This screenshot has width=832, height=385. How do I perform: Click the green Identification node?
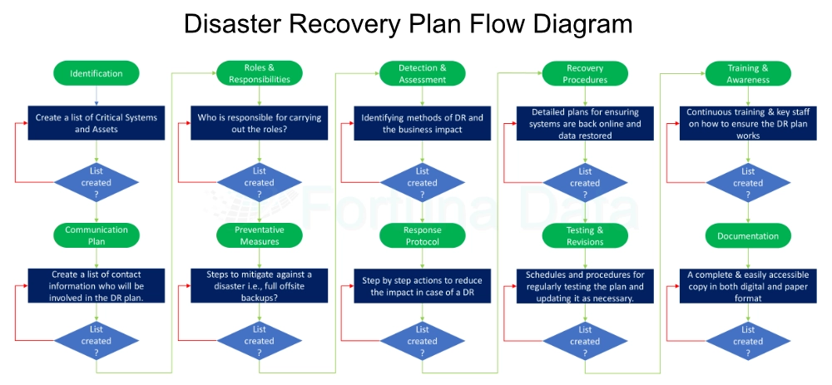(97, 73)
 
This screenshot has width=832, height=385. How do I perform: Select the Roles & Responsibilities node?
(260, 73)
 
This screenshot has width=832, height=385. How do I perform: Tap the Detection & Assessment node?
(423, 73)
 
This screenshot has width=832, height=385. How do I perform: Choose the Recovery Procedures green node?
(585, 73)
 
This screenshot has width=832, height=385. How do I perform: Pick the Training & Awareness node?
(748, 73)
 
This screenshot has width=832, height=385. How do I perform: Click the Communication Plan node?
(97, 235)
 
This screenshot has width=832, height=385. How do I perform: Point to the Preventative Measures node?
(260, 235)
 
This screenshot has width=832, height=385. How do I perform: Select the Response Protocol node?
(423, 235)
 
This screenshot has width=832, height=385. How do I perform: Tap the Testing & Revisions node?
(585, 235)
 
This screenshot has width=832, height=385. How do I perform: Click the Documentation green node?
(748, 235)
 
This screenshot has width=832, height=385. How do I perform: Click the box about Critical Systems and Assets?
(97, 123)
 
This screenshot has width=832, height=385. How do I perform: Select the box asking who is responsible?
(260, 123)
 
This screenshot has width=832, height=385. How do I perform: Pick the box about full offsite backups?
(260, 286)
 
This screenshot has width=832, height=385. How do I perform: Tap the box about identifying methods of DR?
(423, 123)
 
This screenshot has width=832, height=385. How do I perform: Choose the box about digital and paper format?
(748, 286)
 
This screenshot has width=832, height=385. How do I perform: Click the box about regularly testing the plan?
(585, 286)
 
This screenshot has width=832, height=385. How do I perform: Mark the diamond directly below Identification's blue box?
(97, 182)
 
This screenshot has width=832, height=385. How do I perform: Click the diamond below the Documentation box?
(748, 340)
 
